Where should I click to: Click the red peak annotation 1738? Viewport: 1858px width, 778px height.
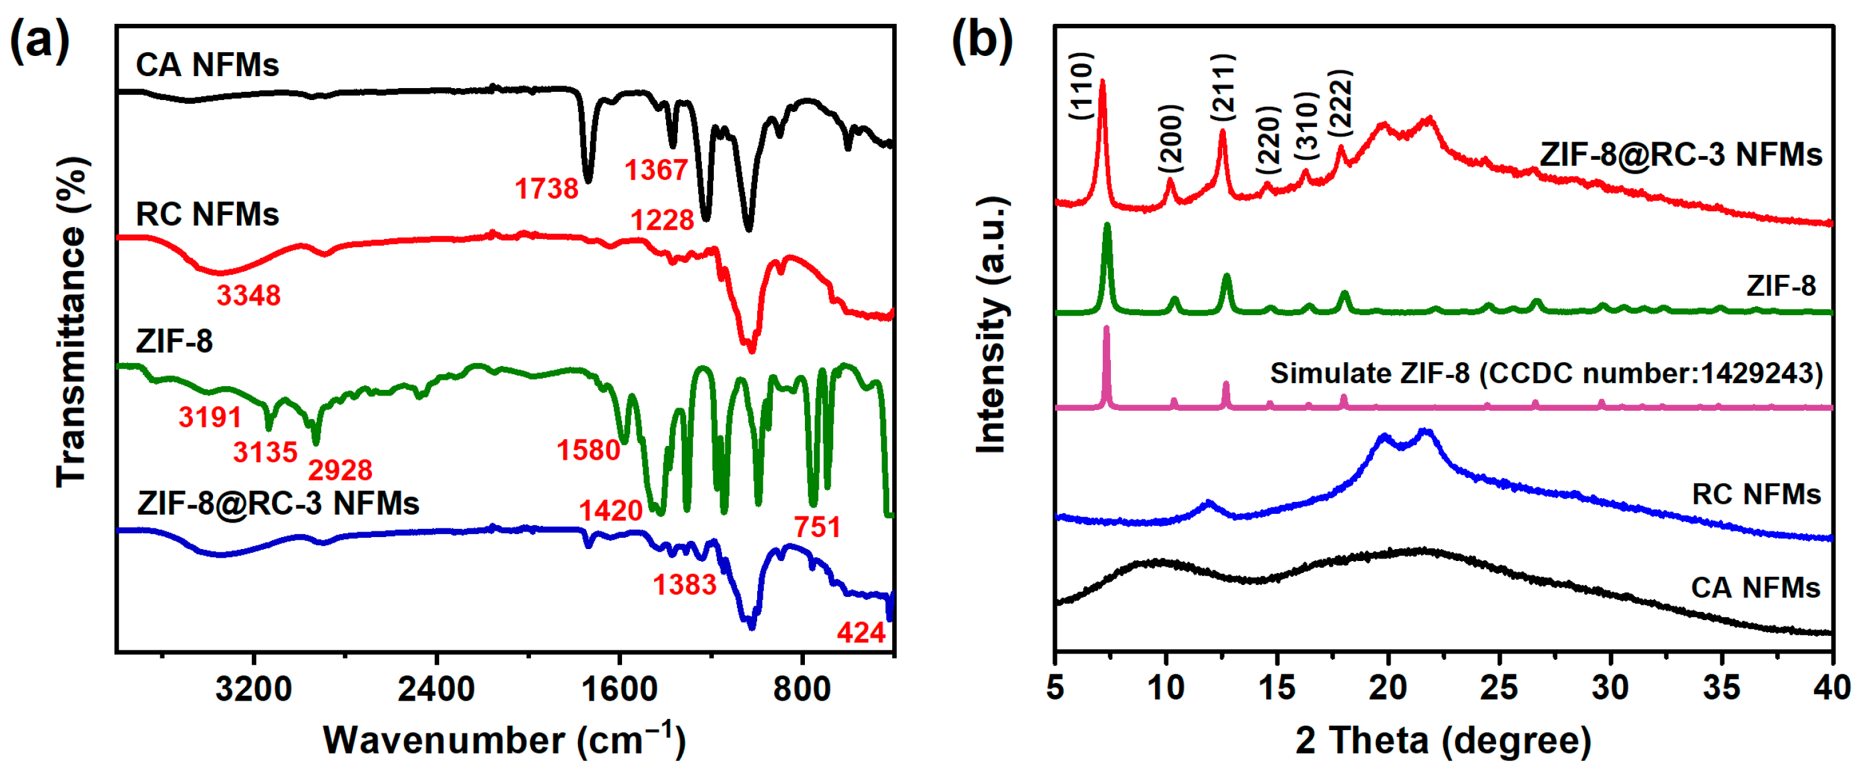546,189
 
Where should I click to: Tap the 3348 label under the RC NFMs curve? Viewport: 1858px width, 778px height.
249,295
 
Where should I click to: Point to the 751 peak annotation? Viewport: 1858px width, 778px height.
817,527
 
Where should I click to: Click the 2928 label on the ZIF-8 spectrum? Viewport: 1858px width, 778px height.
340,470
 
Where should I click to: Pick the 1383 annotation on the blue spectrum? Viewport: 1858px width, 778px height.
684,584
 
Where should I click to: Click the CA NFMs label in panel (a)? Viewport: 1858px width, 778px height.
207,65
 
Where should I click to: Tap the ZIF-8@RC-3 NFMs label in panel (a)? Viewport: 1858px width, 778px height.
278,503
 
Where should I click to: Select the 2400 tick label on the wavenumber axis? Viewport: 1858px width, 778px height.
435,689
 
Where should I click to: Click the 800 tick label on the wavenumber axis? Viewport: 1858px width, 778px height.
801,689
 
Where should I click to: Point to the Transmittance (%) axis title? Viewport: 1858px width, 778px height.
72,322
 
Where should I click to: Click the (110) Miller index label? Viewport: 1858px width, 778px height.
1081,87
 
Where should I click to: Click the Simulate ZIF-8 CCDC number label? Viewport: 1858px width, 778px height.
1546,373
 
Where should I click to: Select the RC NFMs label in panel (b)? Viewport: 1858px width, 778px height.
1756,494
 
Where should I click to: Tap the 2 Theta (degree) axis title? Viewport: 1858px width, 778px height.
1443,740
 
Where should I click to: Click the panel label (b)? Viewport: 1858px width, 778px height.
981,40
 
